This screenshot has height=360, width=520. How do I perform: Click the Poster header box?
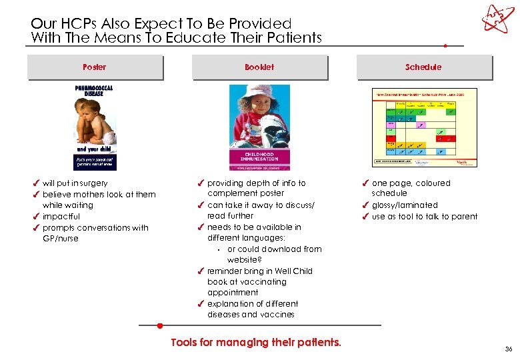(95, 67)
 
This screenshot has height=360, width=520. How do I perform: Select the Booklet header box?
(259, 67)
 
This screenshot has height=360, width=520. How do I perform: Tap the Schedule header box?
(423, 67)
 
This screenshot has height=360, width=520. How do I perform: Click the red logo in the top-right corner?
(498, 19)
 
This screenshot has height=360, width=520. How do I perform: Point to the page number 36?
(509, 349)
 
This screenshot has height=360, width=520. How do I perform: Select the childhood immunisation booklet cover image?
(259, 127)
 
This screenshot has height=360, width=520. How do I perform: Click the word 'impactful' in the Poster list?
(61, 217)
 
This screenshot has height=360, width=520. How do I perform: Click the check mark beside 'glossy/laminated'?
(365, 205)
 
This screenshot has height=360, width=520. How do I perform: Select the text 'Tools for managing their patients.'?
(256, 343)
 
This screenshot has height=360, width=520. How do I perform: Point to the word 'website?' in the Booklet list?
(243, 260)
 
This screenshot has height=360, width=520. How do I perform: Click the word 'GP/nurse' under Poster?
(61, 239)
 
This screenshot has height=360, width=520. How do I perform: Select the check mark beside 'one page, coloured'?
(365, 183)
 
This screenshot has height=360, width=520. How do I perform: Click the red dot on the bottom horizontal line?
(160, 326)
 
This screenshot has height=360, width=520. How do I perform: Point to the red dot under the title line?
(445, 46)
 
